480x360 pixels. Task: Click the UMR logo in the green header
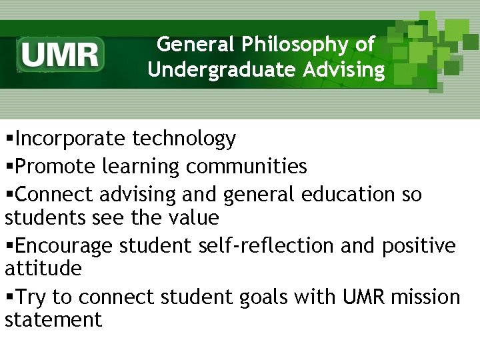(x=61, y=54)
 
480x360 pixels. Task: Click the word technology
(x=184, y=139)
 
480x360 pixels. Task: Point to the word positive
(x=419, y=245)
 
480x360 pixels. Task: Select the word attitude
(x=43, y=269)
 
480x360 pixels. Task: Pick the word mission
(x=425, y=296)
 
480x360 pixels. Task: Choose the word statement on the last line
(x=53, y=320)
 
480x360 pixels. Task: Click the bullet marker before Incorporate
(x=9, y=139)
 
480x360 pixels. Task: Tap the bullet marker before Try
(x=9, y=297)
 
